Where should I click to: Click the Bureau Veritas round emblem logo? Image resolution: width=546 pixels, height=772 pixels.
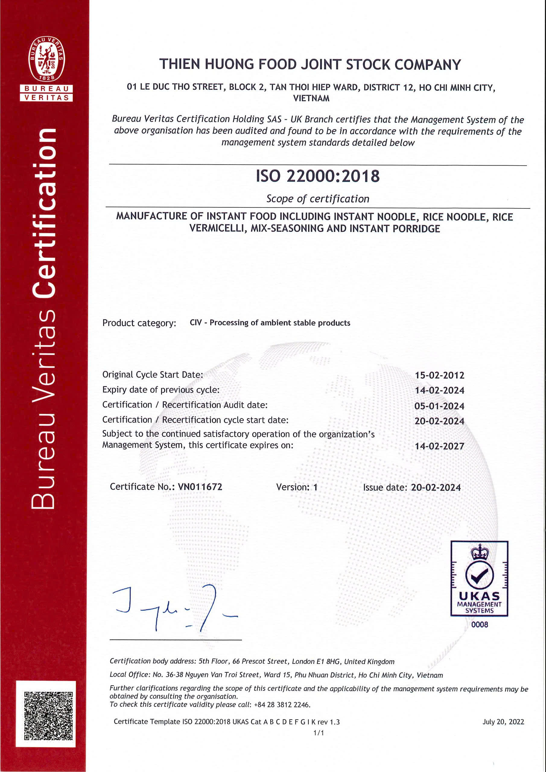pyautogui.click(x=46, y=59)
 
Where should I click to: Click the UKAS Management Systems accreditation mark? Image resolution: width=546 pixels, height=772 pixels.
pyautogui.click(x=479, y=579)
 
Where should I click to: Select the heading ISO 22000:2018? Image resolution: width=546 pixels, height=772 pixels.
pyautogui.click(x=318, y=176)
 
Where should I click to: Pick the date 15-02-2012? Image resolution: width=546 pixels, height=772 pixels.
pyautogui.click(x=439, y=375)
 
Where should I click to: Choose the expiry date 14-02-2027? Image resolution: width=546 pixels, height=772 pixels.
pyautogui.click(x=439, y=446)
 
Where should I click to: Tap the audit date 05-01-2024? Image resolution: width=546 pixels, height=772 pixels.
pyautogui.click(x=439, y=406)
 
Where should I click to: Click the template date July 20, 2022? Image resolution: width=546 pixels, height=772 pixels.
pyautogui.click(x=503, y=722)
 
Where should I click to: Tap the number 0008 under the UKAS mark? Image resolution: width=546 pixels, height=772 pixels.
pyautogui.click(x=479, y=625)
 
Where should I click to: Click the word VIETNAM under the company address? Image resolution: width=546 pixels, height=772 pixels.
pyautogui.click(x=311, y=99)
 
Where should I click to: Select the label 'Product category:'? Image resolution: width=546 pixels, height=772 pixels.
pyautogui.click(x=139, y=323)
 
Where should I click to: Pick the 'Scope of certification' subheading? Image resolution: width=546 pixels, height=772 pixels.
pyautogui.click(x=318, y=199)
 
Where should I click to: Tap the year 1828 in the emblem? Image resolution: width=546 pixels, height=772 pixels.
pyautogui.click(x=46, y=78)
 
